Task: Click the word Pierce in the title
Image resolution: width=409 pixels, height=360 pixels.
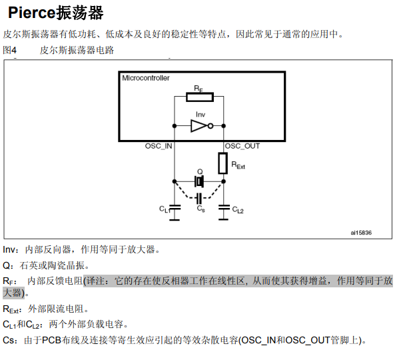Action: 35,12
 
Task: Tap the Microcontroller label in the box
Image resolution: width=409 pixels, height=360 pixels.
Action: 146,78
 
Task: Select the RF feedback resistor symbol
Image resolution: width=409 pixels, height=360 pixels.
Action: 199,97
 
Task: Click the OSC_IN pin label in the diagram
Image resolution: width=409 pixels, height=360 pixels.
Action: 159,146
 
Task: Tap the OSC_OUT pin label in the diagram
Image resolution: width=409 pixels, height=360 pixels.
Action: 242,146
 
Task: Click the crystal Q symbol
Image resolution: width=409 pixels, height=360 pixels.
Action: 199,181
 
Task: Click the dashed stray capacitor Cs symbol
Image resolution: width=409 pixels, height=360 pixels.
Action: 199,198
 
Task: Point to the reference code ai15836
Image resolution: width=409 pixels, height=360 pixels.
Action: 361,233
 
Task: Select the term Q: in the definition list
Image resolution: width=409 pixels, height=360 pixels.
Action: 9,265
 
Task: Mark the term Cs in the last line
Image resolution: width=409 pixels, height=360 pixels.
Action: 9,340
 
